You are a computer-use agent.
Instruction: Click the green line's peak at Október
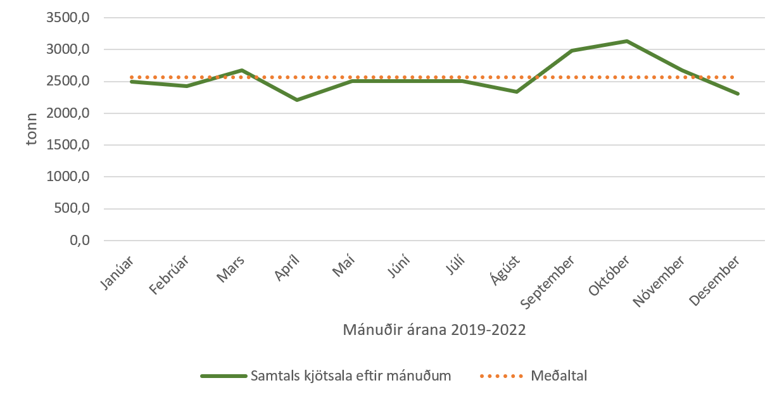coord(627,41)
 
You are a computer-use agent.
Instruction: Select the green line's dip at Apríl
coord(296,100)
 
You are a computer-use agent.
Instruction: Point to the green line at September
coord(572,51)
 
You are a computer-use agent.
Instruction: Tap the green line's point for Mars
coord(241,70)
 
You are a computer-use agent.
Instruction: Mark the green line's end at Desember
coord(737,94)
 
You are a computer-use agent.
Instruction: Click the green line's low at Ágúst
coord(517,92)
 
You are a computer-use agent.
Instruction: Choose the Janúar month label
coord(118,273)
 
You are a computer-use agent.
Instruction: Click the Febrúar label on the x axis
coord(170,276)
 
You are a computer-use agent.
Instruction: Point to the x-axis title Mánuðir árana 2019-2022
coord(434,330)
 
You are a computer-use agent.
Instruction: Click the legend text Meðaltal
coord(559,375)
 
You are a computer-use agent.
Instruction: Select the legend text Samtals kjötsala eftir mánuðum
coord(351,375)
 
